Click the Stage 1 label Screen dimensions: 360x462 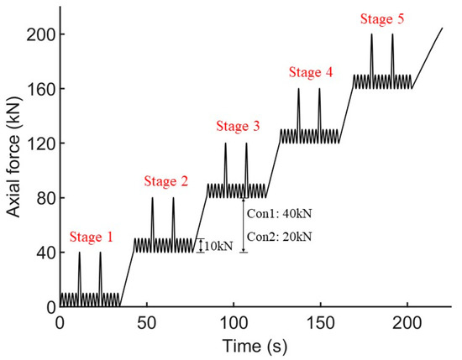click(92, 237)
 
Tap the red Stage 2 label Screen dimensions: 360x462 click(165, 180)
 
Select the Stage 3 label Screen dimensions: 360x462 click(238, 127)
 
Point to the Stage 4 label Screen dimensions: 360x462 click(311, 72)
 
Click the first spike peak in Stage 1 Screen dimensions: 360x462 click(80, 253)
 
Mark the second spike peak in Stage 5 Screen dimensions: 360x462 click(392, 34)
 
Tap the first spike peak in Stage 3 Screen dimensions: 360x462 click(225, 143)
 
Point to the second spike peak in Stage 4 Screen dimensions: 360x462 click(319, 89)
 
